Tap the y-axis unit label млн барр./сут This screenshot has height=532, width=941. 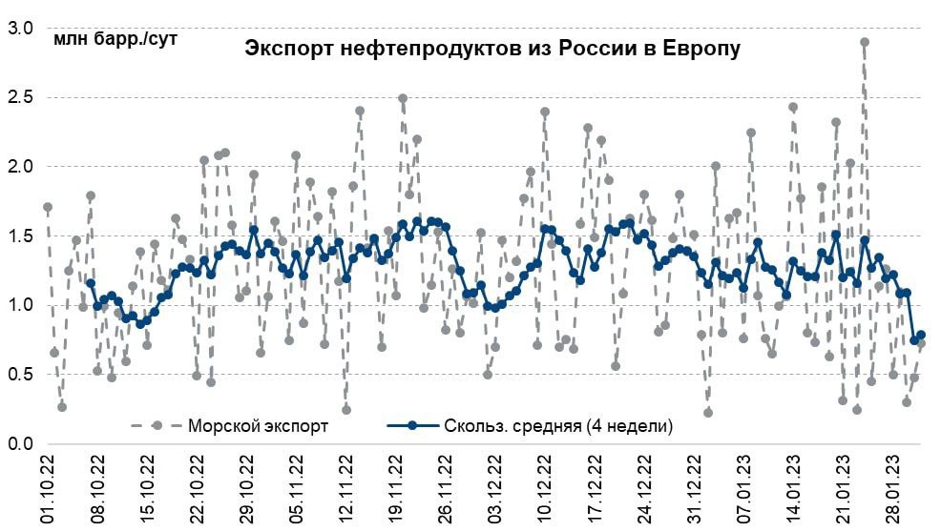[x=115, y=39]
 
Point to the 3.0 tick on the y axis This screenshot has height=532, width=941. [x=21, y=29]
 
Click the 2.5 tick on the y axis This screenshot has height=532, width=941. [x=21, y=97]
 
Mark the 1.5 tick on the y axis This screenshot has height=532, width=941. [x=21, y=236]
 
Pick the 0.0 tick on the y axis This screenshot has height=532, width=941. [x=21, y=444]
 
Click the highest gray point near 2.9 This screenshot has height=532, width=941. [x=865, y=42]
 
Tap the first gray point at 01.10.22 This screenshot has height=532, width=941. [x=48, y=207]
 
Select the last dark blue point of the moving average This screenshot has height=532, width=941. [x=921, y=336]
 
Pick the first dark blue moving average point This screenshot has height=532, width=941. [x=91, y=283]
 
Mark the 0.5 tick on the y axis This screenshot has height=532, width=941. [x=21, y=375]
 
